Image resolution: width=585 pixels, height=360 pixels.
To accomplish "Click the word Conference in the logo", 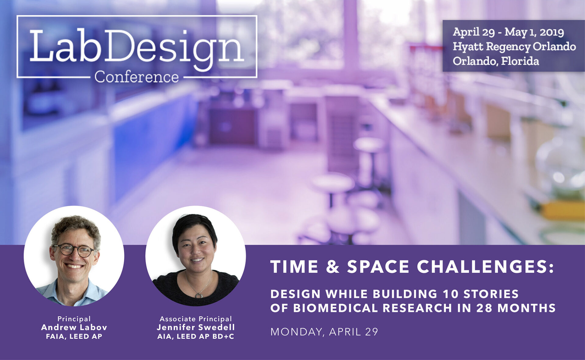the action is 136,77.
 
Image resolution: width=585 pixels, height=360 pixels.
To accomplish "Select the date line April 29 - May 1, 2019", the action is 508,32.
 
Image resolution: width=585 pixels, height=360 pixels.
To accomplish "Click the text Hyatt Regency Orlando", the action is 514,47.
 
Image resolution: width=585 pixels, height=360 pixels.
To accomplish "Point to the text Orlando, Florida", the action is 496,61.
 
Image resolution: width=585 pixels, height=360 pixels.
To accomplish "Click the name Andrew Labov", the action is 74,327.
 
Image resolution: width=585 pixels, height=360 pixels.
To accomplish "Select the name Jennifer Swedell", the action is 196,327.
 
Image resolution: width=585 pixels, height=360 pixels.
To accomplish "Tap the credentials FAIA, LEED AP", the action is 74,337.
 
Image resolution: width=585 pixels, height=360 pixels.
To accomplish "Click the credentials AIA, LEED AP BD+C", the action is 196,337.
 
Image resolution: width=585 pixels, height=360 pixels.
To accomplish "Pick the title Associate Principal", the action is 196,319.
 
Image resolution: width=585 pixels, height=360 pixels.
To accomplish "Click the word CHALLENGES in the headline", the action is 485,267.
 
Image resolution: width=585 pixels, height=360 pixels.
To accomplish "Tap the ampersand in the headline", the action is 333,267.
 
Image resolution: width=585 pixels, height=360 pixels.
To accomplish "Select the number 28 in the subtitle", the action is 484,308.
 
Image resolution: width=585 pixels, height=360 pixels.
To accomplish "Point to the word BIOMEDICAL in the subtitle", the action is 335,308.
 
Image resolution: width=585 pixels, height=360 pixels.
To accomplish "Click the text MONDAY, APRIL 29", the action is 324,332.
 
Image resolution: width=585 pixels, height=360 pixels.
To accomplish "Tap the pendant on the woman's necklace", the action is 199,295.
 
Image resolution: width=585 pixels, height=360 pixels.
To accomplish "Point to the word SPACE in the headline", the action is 378,267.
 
